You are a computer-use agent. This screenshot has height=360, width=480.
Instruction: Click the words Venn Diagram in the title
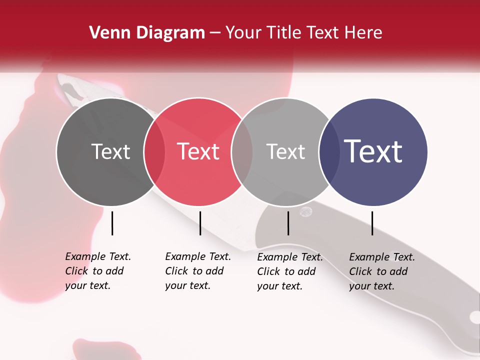click(147, 33)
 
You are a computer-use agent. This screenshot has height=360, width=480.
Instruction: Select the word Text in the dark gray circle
click(110, 152)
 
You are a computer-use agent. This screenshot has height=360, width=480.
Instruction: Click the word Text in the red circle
click(198, 152)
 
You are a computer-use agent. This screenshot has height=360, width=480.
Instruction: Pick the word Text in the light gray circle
click(285, 152)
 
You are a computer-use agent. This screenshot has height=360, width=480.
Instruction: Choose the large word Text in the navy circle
click(373, 151)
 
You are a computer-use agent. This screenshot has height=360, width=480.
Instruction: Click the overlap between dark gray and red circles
click(154, 152)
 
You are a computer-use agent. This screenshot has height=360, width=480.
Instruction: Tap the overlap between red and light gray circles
click(242, 152)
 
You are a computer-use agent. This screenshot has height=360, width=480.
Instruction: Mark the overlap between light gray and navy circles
click(329, 152)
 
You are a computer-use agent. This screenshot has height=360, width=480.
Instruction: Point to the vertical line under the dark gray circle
click(112, 223)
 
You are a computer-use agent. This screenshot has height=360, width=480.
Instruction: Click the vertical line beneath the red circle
click(200, 223)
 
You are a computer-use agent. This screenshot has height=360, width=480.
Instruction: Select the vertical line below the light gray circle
click(288, 223)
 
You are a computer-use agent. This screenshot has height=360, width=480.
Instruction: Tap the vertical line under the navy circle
click(372, 223)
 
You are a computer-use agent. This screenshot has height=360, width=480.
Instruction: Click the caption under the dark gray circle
click(97, 271)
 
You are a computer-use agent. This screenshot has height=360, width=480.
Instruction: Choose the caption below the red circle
click(197, 271)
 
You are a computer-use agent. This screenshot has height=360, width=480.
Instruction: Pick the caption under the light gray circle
click(289, 271)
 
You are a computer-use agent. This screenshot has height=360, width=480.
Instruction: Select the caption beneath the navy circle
click(381, 271)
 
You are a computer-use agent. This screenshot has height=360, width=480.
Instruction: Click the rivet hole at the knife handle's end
click(474, 317)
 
